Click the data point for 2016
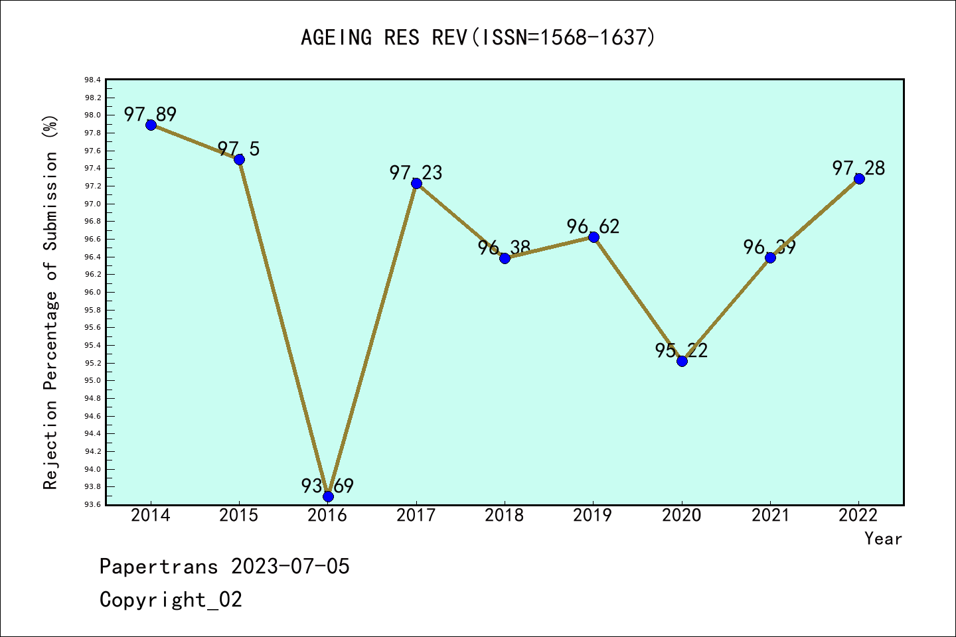[x=328, y=496]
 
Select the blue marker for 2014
[x=151, y=125]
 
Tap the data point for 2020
[x=682, y=361]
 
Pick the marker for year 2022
[x=859, y=178]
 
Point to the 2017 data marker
[x=416, y=183]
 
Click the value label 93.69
[x=327, y=486]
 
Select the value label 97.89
[x=150, y=114]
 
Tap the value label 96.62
[x=593, y=226]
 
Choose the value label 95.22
[x=681, y=350]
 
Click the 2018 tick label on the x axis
[x=505, y=516]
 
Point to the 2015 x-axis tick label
[x=239, y=516]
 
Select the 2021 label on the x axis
[x=770, y=516]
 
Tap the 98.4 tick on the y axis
[x=92, y=80]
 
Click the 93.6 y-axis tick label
[x=92, y=505]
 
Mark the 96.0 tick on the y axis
[x=92, y=293]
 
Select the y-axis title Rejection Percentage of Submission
[x=51, y=302]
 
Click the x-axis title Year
[x=883, y=539]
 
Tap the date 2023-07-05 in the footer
[x=290, y=567]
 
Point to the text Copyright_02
[x=171, y=600]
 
